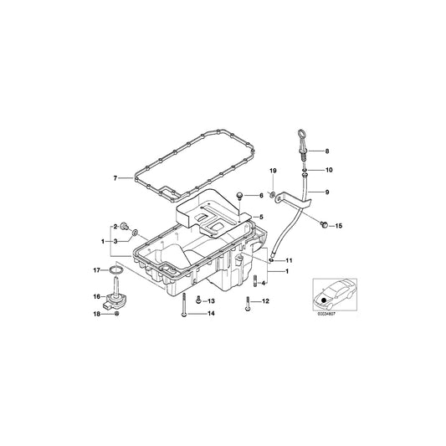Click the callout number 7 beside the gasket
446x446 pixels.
(x=116, y=177)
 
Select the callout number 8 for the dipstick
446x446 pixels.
(x=327, y=151)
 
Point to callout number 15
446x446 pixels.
(x=339, y=225)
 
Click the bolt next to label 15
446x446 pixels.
(x=323, y=223)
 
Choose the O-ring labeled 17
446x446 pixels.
(x=118, y=271)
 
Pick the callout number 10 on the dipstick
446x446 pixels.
(x=327, y=171)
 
